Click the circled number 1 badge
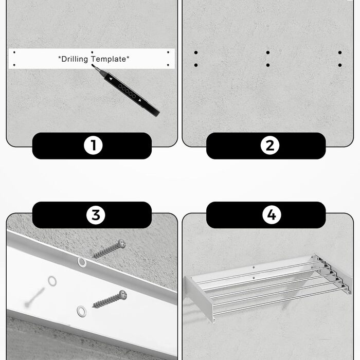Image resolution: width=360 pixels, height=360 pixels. click(93, 146)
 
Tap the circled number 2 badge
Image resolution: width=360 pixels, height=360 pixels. click(270, 146)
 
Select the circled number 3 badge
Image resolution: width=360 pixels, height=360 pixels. click(96, 215)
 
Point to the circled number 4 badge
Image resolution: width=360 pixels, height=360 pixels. click(272, 214)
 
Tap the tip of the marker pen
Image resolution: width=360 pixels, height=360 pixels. click(92, 65)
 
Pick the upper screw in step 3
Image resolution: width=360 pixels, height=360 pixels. click(109, 249)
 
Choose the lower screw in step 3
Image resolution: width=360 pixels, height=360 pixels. click(109, 299)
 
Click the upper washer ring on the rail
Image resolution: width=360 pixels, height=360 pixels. click(82, 262)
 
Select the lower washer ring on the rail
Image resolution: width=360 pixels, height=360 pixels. click(81, 311)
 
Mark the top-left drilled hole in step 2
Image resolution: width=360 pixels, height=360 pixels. click(196, 52)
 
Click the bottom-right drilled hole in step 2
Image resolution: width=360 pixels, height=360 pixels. click(340, 65)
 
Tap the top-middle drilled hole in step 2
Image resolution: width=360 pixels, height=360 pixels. click(268, 52)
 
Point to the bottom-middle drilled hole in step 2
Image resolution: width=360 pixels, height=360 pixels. click(268, 65)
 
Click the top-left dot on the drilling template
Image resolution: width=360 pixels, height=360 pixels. click(14, 52)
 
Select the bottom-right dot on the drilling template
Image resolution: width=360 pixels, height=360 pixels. click(168, 65)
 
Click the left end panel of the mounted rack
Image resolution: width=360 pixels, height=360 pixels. click(200, 298)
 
